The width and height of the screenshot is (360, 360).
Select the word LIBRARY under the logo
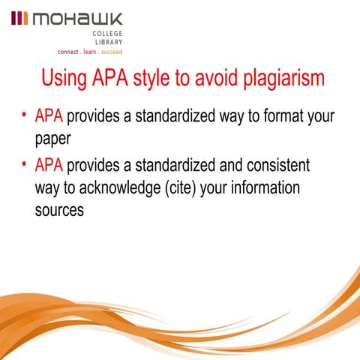[109, 43]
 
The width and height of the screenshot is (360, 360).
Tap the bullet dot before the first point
[25, 117]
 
